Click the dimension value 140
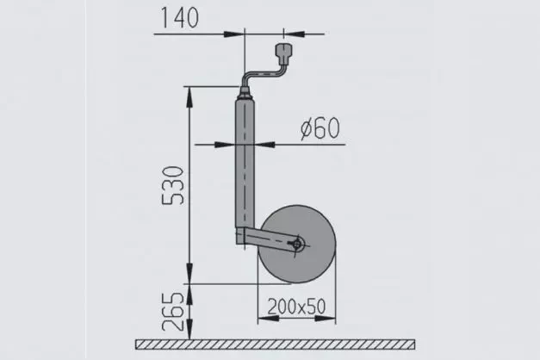(179, 16)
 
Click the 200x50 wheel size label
(295, 307)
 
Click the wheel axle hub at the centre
(296, 245)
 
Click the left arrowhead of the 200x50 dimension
(261, 317)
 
